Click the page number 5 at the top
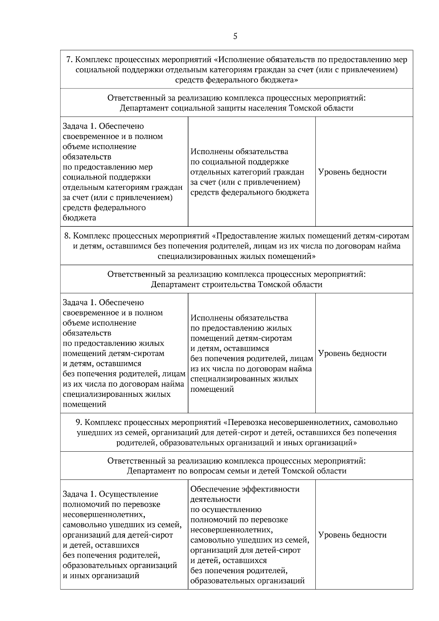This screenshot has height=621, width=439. (x=235, y=36)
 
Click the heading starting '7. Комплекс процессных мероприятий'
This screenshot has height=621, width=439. (x=236, y=60)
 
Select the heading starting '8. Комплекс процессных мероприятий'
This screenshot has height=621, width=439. (x=236, y=236)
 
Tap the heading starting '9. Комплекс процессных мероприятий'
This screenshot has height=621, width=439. (x=236, y=422)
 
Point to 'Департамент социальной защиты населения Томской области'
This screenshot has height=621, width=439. (x=236, y=108)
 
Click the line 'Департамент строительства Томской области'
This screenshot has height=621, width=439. (x=236, y=285)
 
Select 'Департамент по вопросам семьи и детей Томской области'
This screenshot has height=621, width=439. (x=236, y=471)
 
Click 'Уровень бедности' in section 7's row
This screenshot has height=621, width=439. (x=352, y=172)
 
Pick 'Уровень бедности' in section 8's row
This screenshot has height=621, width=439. (x=352, y=353)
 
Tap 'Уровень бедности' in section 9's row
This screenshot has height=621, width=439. (x=352, y=535)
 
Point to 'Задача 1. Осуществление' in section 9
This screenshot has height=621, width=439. (x=110, y=494)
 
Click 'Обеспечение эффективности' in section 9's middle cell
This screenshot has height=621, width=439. (x=245, y=489)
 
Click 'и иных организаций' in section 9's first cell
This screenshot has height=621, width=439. (x=101, y=576)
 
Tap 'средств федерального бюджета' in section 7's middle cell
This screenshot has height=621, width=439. (x=249, y=192)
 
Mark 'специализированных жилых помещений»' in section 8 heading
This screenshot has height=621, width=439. (x=236, y=256)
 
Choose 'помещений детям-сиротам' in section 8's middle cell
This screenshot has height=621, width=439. (x=241, y=338)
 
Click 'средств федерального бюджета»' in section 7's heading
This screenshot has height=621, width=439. (x=236, y=80)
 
